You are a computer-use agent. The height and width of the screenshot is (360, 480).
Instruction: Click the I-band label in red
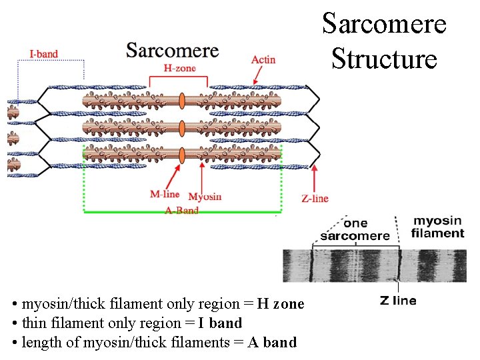[x=43, y=53]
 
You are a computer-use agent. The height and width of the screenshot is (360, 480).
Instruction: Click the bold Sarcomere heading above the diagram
[x=172, y=51]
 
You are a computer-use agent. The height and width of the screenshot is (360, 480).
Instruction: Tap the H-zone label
[x=180, y=67]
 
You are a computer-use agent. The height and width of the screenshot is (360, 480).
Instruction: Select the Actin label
[x=263, y=60]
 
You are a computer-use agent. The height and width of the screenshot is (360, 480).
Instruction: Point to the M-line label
[x=165, y=194]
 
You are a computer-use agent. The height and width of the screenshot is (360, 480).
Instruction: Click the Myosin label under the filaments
[x=205, y=197]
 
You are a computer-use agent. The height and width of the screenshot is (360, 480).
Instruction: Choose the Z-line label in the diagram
[x=315, y=198]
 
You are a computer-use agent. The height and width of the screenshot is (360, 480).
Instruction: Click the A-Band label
[x=181, y=211]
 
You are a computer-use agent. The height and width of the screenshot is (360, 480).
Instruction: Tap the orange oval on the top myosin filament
[x=182, y=101]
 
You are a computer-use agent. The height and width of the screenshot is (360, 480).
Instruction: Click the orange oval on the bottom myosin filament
[x=182, y=154]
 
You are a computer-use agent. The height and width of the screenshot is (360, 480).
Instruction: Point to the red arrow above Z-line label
[x=315, y=179]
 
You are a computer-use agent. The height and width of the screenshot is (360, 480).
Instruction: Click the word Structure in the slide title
[x=384, y=58]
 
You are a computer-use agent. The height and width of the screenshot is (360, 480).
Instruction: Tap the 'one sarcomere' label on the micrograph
[x=355, y=230]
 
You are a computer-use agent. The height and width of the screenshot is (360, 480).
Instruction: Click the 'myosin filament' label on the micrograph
[x=438, y=227]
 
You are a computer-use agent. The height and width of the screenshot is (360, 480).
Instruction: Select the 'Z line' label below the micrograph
[x=398, y=301]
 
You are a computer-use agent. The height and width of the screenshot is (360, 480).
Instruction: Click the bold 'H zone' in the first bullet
[x=281, y=304]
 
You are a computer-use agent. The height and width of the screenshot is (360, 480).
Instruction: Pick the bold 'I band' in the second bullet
[x=220, y=323]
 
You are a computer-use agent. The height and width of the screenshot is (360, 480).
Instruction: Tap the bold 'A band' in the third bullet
[x=272, y=343]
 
